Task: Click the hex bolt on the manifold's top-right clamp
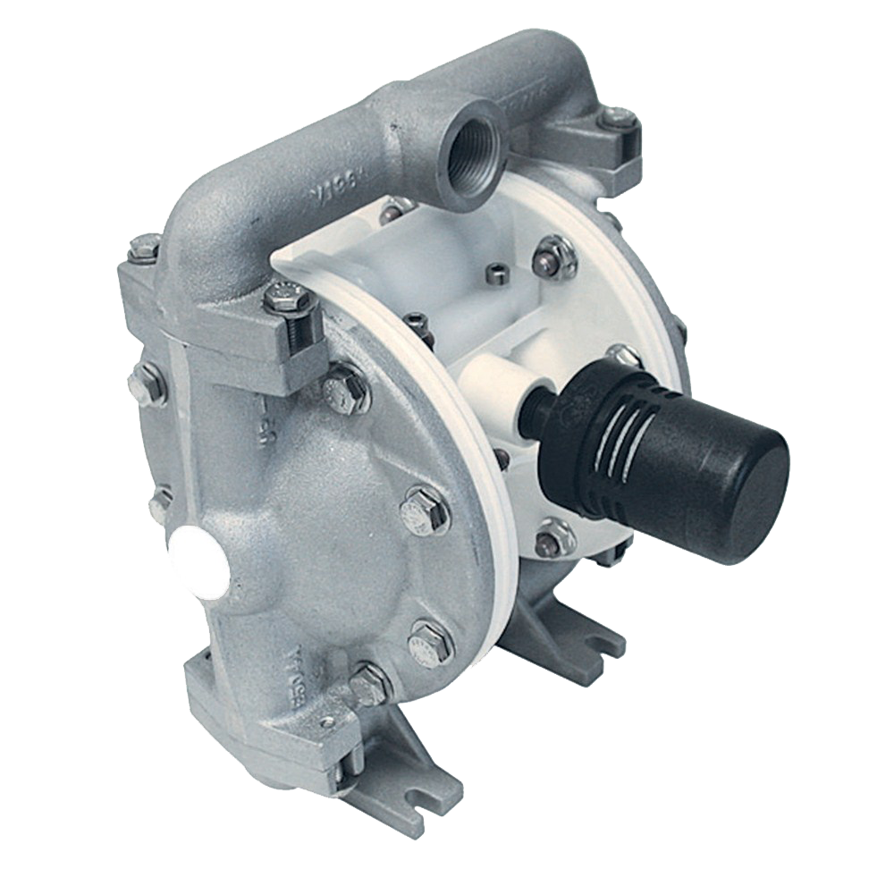[617, 116]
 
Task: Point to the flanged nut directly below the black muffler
[552, 539]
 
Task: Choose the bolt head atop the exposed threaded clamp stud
[290, 297]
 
